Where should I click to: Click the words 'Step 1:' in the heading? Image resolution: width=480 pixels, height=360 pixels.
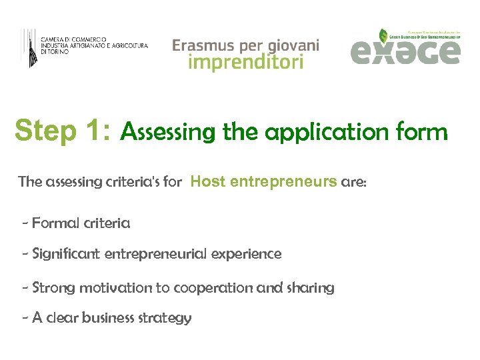(x=63, y=131)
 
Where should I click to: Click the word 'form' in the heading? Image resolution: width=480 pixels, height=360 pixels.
(x=419, y=132)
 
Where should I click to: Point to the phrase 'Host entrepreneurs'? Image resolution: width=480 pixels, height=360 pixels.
(x=263, y=181)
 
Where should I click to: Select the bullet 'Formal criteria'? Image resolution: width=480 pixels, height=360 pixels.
(x=81, y=223)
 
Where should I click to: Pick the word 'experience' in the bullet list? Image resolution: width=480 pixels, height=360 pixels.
(x=248, y=254)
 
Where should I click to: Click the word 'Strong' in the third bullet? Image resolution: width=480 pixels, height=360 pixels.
(x=54, y=288)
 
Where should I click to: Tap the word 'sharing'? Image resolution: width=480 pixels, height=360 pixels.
(x=311, y=288)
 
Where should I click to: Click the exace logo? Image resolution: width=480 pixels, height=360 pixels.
(x=405, y=48)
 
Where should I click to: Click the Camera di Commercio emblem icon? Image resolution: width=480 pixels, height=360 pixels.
(x=29, y=47)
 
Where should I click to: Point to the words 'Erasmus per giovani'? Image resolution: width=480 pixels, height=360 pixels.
(x=245, y=45)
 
